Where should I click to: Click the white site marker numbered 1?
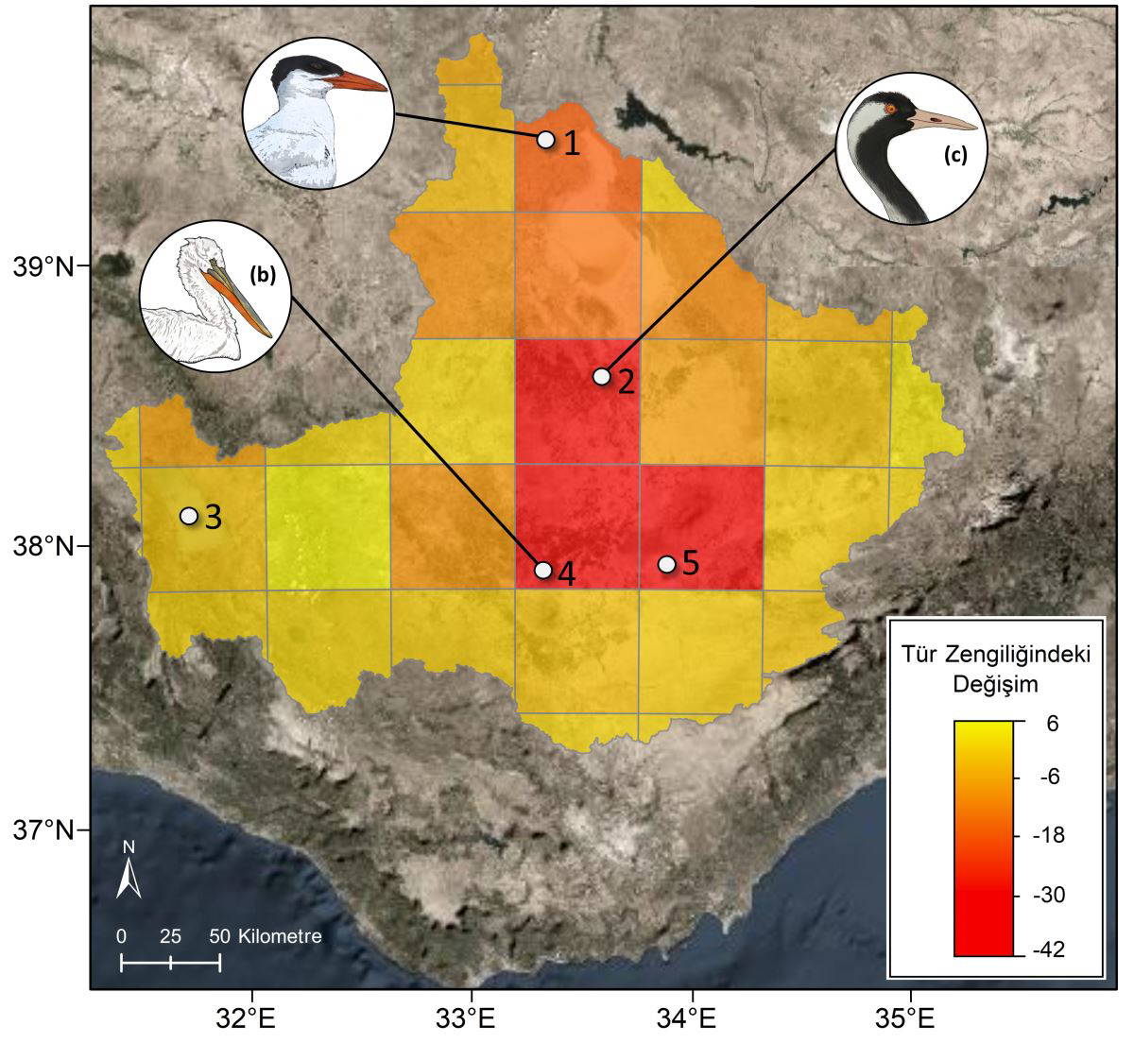coord(545,140)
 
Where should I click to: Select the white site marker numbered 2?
coord(601,376)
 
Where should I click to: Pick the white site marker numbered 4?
coord(542,570)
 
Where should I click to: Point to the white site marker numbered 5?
coord(666,564)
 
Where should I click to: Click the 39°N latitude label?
coord(44,267)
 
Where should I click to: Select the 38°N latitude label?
coord(44,547)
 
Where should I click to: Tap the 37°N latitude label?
coord(44,831)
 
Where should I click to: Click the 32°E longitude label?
coord(251,1021)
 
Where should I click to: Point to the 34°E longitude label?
coord(693,1021)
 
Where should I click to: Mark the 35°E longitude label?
coord(911,1021)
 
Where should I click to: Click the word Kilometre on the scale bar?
coord(281,937)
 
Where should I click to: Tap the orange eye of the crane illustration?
coord(889,111)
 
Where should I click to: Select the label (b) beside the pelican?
coord(261,275)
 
